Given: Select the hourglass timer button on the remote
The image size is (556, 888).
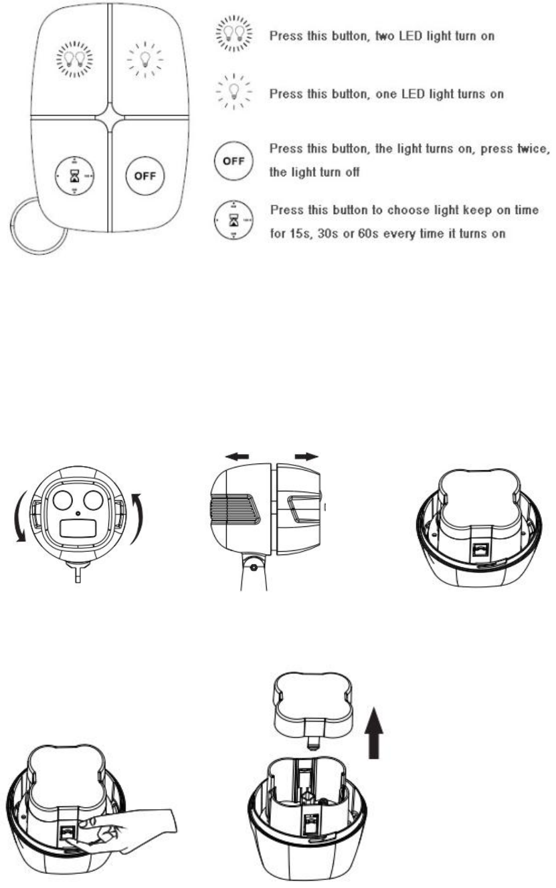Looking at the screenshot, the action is coord(74,177).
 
